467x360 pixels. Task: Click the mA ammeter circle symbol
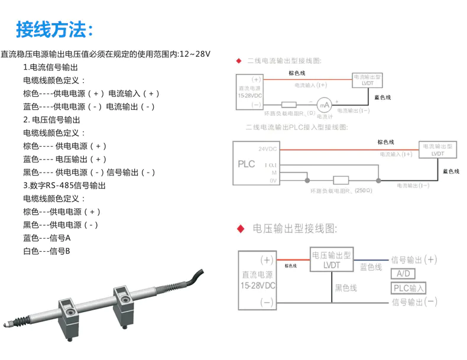click(325, 104)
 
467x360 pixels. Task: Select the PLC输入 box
click(409, 288)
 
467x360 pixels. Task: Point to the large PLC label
click(246, 164)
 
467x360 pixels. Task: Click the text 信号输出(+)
click(414, 260)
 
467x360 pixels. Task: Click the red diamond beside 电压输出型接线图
click(240, 228)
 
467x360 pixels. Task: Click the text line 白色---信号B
click(47, 251)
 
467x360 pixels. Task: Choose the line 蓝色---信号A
click(47, 238)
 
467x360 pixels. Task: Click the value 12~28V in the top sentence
click(194, 54)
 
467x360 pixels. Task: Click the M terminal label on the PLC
click(274, 172)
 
